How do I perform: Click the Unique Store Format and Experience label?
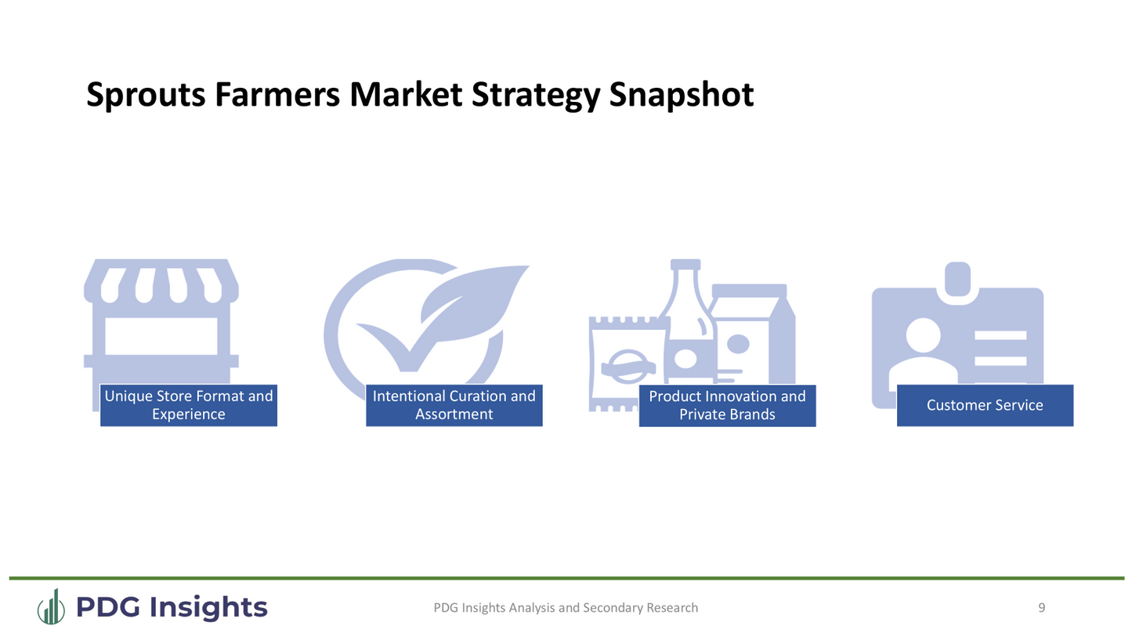coord(188,405)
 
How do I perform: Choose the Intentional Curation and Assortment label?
coord(454,405)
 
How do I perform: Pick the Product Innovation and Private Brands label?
coord(727,405)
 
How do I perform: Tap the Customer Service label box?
coord(984,405)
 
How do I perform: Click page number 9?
coord(1041,607)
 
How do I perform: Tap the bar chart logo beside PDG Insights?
coord(52,607)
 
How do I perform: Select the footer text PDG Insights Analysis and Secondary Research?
coord(565,607)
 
